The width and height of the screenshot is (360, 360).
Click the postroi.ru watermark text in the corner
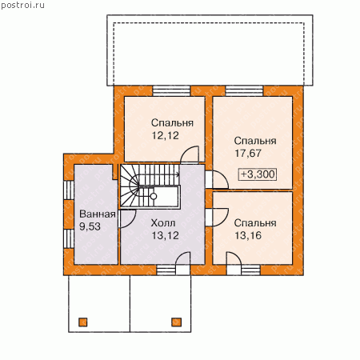click(x=22, y=6)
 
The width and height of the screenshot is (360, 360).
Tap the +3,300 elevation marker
click(x=257, y=174)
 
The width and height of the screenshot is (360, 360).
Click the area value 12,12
click(x=166, y=136)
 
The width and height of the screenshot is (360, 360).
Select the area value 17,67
click(x=248, y=154)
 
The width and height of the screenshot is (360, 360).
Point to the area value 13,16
click(x=248, y=235)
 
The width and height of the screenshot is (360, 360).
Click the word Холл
click(x=163, y=223)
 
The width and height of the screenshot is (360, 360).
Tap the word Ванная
click(x=98, y=214)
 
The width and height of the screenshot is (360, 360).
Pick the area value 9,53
click(x=90, y=226)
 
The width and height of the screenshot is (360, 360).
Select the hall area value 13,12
click(x=166, y=235)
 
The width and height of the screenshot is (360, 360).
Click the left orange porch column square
click(x=83, y=322)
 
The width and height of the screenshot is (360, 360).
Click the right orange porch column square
click(x=176, y=322)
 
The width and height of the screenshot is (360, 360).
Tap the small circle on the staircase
click(x=154, y=197)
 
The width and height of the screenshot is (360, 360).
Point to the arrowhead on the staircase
click(x=178, y=174)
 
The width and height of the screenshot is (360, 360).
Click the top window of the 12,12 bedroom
click(x=171, y=91)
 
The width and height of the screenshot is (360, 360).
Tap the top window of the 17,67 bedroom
click(x=244, y=91)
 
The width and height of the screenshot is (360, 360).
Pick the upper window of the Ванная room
click(x=69, y=190)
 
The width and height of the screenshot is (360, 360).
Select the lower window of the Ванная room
click(x=69, y=238)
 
